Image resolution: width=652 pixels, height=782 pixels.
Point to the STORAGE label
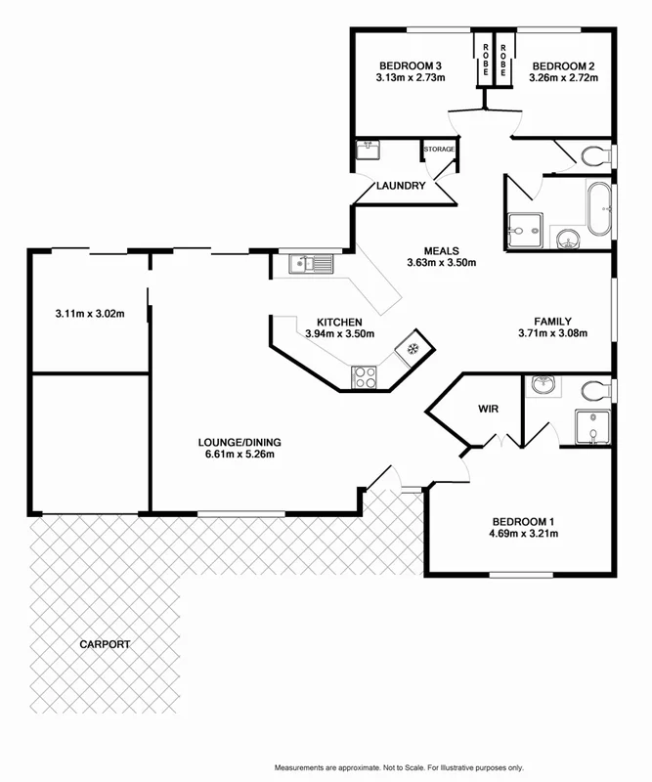coord(439,149)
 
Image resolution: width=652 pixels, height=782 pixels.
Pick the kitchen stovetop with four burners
coord(365,375)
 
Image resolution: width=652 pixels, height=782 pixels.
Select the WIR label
coord(489,409)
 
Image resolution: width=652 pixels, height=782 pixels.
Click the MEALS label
coord(441,250)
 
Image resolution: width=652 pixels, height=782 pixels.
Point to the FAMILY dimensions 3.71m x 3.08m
coord(552,333)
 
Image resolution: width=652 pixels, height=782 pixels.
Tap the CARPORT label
coord(106,645)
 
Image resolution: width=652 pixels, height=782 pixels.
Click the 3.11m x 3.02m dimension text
coord(89,314)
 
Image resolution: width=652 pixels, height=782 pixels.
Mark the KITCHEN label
coord(339,322)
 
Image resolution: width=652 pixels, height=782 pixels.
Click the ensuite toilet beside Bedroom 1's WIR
coord(593,390)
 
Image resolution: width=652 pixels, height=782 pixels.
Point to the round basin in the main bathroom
coord(566,238)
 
